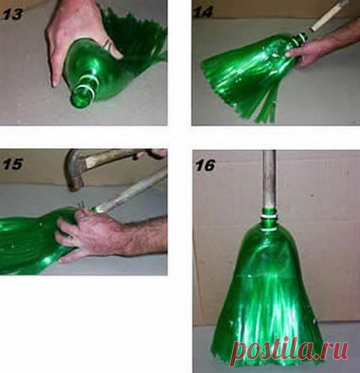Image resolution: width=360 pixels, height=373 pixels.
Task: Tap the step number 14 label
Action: [x=203, y=13]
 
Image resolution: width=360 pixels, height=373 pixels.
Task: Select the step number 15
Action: [x=13, y=165]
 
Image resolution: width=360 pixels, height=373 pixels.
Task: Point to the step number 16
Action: [x=205, y=165]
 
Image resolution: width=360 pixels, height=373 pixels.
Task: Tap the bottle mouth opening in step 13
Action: [x=83, y=98]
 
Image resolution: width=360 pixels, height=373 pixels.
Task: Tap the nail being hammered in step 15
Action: [x=81, y=205]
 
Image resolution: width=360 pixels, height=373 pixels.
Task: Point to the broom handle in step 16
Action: [x=269, y=179]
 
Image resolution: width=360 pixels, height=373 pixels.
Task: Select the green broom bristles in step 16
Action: [x=269, y=309]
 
